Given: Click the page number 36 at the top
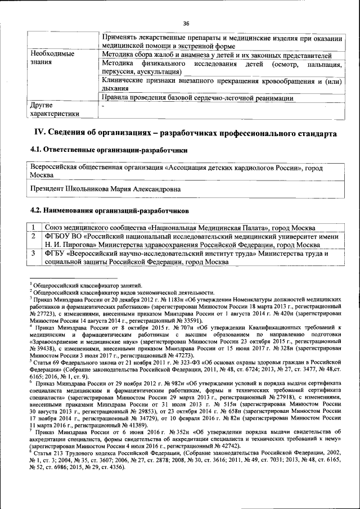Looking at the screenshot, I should [186, 23].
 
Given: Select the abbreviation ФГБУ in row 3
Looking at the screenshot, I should [57, 254].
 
